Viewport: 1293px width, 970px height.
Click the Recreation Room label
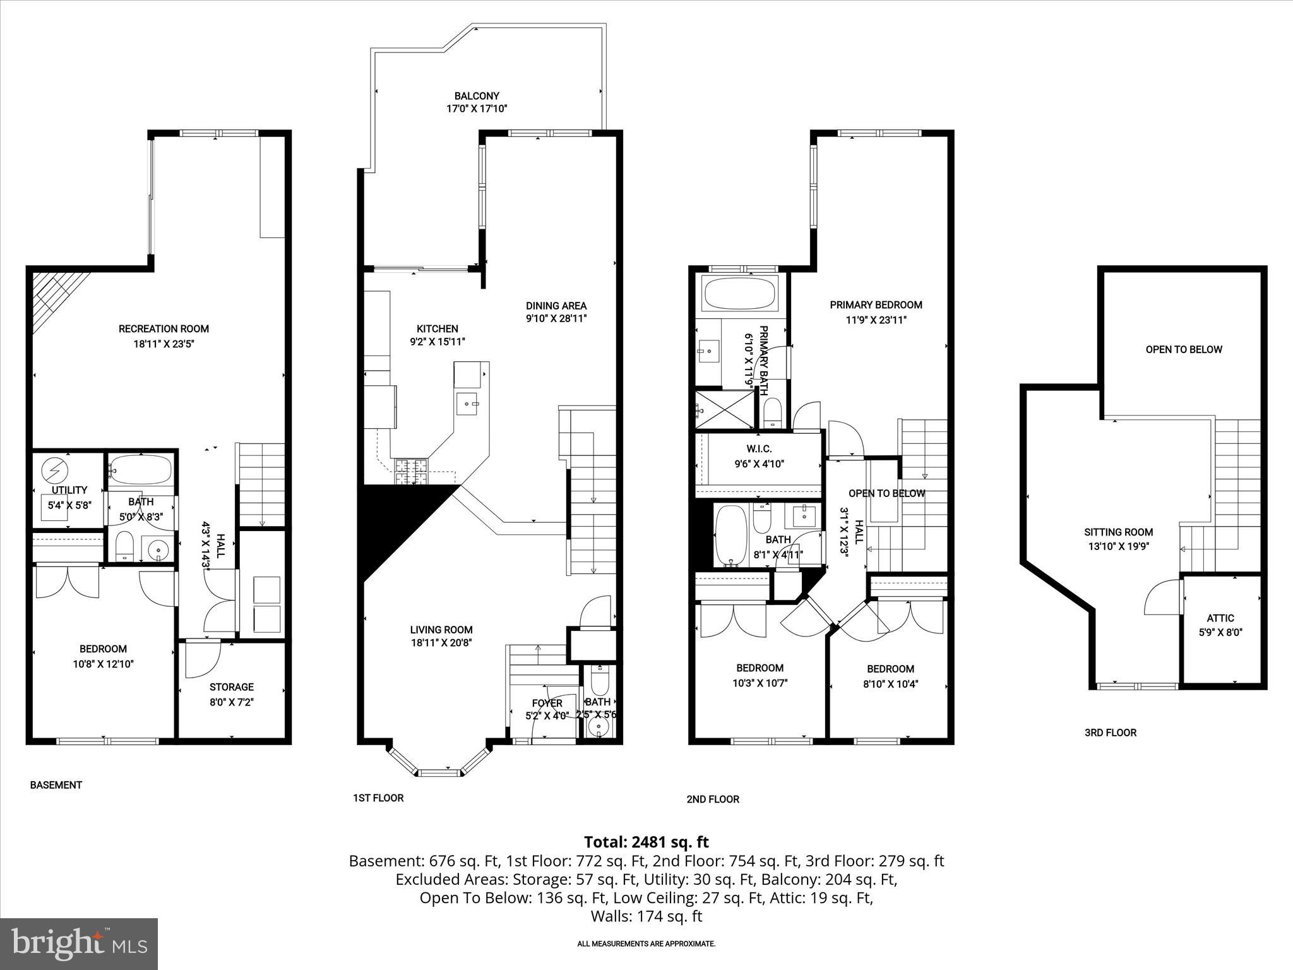[164, 328]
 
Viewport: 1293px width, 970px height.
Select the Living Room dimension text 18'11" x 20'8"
[441, 643]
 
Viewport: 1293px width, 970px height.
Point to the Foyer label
[547, 703]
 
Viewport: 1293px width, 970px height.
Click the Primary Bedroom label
[876, 305]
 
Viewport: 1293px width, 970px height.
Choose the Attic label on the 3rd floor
[1220, 618]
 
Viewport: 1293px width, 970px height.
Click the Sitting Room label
[1118, 532]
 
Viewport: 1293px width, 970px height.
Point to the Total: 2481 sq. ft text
[646, 842]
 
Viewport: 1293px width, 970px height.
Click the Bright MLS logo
[79, 943]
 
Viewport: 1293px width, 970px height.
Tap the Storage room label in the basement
[232, 687]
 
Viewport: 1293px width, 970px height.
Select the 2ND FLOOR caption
[713, 799]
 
